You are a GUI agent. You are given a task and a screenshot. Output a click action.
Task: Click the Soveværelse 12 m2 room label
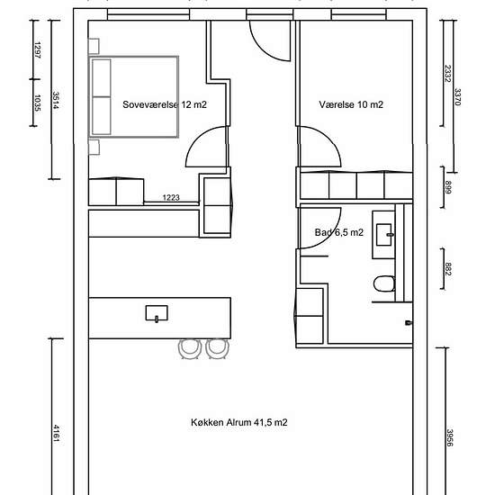click(x=165, y=104)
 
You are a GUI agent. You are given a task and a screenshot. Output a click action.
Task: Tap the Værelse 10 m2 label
click(x=351, y=104)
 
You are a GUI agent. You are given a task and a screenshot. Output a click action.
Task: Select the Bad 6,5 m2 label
click(x=339, y=233)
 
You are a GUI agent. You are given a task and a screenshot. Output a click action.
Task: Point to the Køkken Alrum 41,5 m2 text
click(x=239, y=422)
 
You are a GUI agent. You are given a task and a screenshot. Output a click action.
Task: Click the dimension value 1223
click(x=171, y=198)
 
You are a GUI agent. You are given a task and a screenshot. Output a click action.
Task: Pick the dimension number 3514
click(x=56, y=100)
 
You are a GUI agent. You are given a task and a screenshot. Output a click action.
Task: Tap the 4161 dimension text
click(x=56, y=434)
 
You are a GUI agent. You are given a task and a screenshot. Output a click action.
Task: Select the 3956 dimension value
click(x=449, y=437)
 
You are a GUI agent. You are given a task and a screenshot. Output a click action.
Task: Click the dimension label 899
click(x=448, y=187)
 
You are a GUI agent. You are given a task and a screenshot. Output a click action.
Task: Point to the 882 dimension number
click(x=448, y=269)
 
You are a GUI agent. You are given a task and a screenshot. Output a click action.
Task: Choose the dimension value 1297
click(x=37, y=50)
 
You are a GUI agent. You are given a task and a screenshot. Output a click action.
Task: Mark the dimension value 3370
click(x=457, y=97)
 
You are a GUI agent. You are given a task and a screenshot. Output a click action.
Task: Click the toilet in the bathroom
click(x=384, y=283)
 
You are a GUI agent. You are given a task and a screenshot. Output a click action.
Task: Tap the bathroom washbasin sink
click(x=384, y=235)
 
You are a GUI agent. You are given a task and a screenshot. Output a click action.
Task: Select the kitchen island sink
click(x=157, y=313)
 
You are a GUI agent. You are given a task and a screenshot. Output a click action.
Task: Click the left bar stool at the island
click(x=190, y=349)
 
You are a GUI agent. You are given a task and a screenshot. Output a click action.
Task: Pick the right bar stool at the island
click(x=217, y=349)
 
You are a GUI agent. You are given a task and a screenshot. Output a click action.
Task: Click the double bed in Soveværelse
click(x=134, y=97)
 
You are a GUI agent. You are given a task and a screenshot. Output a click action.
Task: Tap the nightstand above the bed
click(x=94, y=47)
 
